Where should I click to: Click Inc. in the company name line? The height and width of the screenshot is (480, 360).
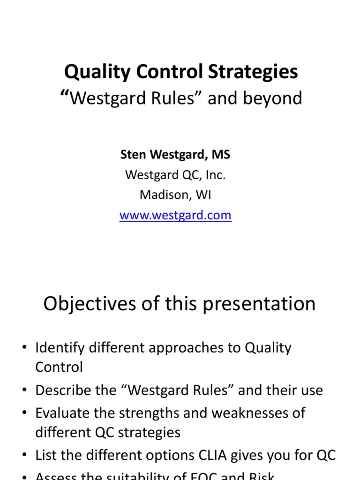216,175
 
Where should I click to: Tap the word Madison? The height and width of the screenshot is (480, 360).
162,195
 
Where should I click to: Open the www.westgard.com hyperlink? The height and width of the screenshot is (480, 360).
175,215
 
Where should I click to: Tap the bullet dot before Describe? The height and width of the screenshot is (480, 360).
25,391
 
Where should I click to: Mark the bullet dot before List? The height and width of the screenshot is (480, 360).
25,455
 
